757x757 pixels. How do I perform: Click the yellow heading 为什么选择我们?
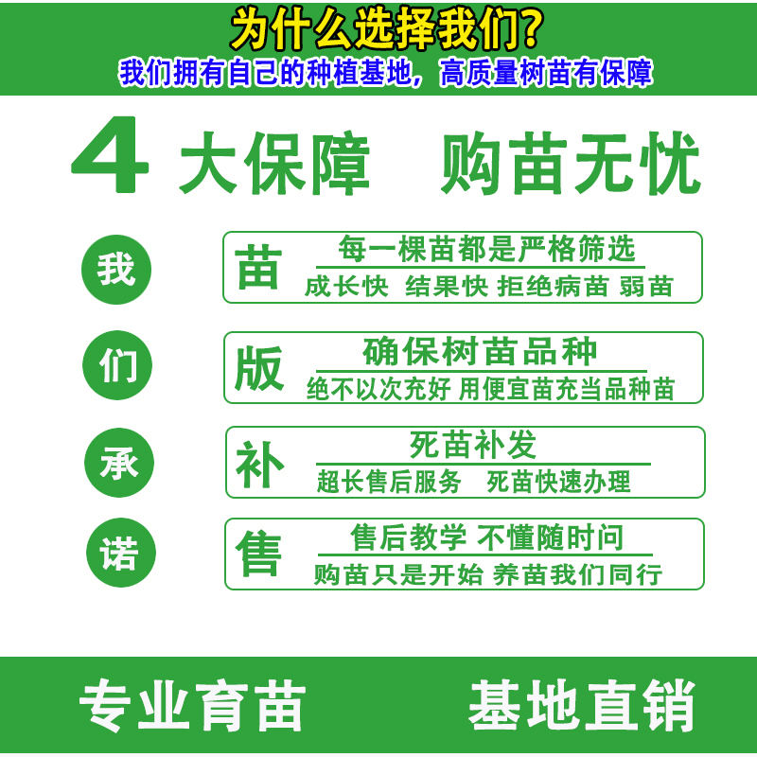(x=387, y=30)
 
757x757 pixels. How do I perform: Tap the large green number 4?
(x=110, y=154)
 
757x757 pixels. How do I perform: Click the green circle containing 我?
(x=116, y=270)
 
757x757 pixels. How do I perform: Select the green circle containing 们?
(x=117, y=365)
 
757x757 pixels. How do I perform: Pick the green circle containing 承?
(x=119, y=463)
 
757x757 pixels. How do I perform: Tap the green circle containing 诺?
(x=121, y=553)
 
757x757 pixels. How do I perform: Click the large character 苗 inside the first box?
(x=258, y=267)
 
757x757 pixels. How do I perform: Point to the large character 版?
(x=259, y=368)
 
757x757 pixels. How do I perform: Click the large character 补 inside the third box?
(x=259, y=465)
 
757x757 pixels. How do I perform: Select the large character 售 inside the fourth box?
(x=258, y=554)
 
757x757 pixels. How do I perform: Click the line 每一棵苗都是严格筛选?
(x=486, y=249)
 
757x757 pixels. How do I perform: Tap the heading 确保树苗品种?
(x=480, y=351)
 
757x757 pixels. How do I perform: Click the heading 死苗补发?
(x=473, y=445)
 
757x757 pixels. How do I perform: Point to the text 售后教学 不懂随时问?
(x=487, y=537)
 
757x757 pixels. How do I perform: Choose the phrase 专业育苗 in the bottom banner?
(x=193, y=706)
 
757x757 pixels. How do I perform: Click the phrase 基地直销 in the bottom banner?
(x=582, y=705)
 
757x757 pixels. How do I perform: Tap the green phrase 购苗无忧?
(x=571, y=163)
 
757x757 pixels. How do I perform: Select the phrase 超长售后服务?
(x=389, y=482)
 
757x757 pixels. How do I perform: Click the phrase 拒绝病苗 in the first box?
(x=553, y=287)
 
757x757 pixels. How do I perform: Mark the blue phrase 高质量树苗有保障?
(x=546, y=73)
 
